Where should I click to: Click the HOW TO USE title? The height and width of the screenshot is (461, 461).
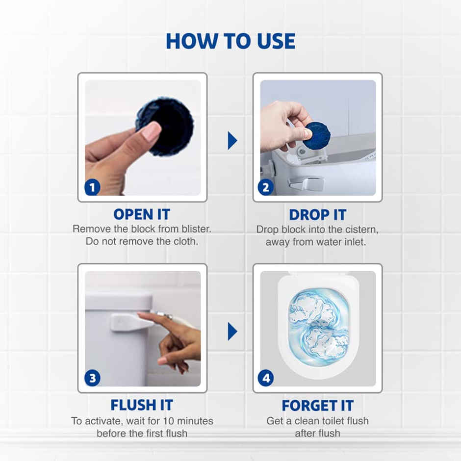pyautogui.click(x=230, y=41)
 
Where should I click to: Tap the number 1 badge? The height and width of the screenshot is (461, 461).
pyautogui.click(x=92, y=187)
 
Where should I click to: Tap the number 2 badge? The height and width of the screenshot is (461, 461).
pyautogui.click(x=266, y=187)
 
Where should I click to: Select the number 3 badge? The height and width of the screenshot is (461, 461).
pyautogui.click(x=92, y=378)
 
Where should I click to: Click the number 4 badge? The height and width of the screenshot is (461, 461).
pyautogui.click(x=266, y=378)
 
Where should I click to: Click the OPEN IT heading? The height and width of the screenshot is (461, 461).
pyautogui.click(x=142, y=214)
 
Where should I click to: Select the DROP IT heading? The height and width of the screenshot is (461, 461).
pyautogui.click(x=317, y=214)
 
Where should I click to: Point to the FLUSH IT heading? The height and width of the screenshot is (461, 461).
pyautogui.click(x=142, y=405)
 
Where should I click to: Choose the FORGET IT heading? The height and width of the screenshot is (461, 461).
pyautogui.click(x=317, y=405)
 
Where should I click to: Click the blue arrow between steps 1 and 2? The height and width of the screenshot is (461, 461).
pyautogui.click(x=232, y=141)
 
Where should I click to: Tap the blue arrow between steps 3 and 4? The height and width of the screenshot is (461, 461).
pyautogui.click(x=232, y=332)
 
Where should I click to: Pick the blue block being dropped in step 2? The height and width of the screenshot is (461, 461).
pyautogui.click(x=318, y=135)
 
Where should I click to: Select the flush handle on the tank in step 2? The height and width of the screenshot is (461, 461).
pyautogui.click(x=307, y=184)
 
